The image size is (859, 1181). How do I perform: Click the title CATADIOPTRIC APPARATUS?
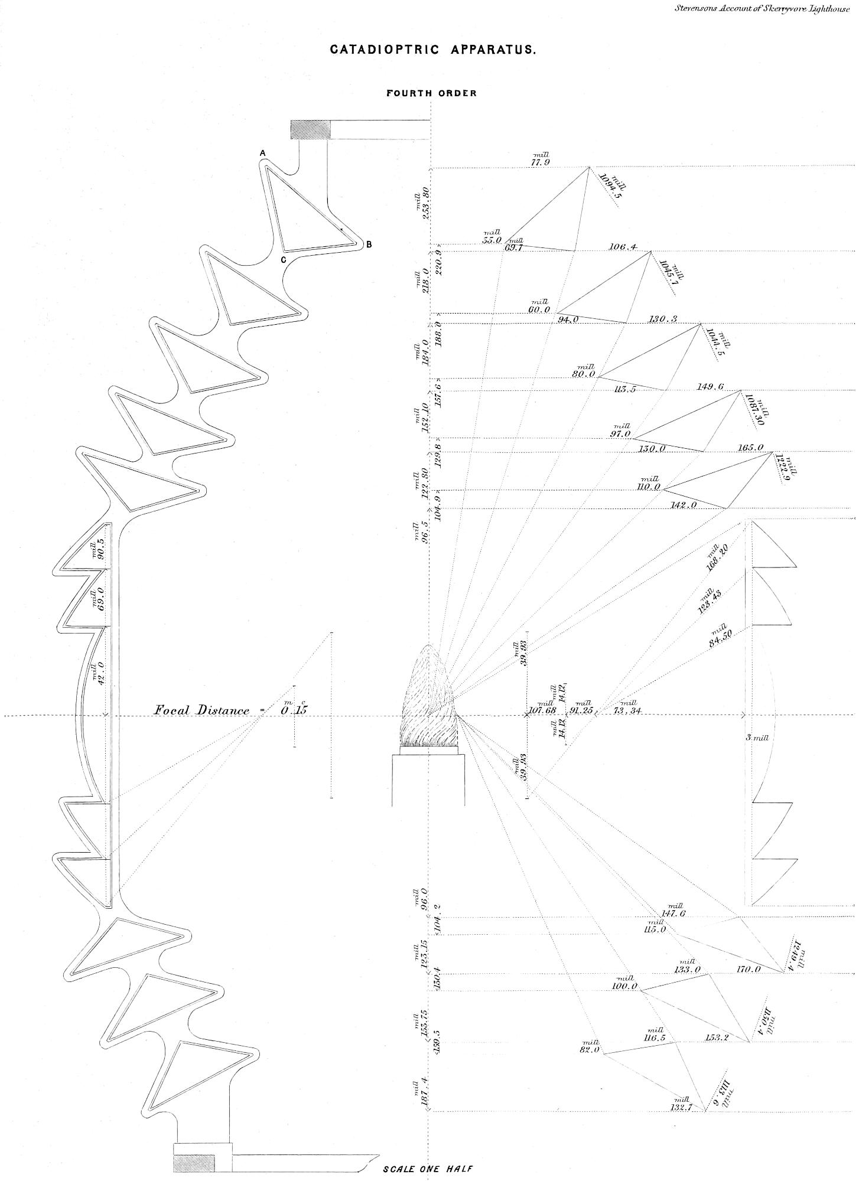433,50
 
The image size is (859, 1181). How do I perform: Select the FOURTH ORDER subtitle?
431,93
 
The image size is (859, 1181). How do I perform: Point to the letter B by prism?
369,244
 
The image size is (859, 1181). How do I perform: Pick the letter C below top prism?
284,260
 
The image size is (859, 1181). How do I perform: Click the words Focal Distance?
202,710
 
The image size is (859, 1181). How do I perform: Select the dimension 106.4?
623,247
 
